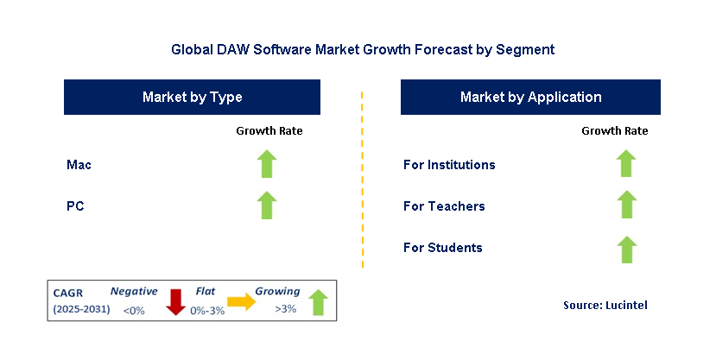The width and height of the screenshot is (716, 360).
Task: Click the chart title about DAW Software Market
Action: coord(363,50)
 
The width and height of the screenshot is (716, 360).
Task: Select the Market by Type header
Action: coord(192,98)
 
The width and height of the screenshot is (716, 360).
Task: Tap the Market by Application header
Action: coord(530,98)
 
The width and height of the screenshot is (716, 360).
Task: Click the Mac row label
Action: coord(79,164)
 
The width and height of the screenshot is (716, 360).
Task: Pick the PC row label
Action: coord(75,206)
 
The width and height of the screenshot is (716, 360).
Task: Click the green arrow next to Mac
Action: coord(268,164)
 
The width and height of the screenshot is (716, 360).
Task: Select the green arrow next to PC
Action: coord(268,205)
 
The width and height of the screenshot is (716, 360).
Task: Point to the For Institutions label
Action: coord(449,164)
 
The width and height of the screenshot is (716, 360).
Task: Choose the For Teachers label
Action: coord(444,206)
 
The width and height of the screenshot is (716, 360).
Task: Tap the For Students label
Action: coord(442,248)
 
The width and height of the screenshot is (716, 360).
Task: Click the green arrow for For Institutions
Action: coord(626,164)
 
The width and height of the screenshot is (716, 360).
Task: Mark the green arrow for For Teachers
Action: coord(626,205)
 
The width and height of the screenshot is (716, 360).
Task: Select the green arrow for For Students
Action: coord(626,248)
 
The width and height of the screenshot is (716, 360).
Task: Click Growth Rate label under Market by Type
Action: coord(269,131)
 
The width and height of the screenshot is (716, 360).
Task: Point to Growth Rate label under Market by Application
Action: coord(614,131)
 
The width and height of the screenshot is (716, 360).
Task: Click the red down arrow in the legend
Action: coord(176,302)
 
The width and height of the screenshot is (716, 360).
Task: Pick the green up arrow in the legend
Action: coord(318,302)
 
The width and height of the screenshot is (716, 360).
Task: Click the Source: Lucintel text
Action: coord(605,305)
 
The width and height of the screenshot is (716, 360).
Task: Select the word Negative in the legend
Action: coord(134,292)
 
